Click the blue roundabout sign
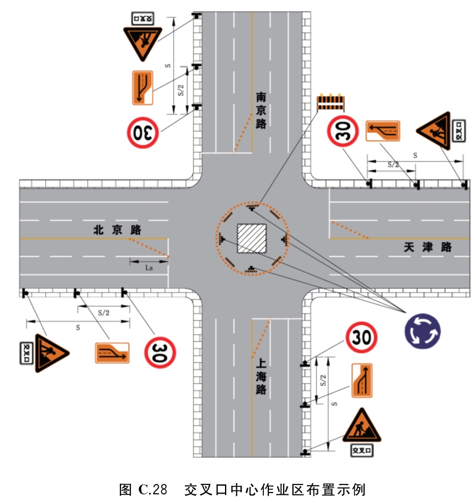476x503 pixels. [x=422, y=331]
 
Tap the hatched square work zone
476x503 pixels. [x=252, y=238]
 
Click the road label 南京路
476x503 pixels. [x=261, y=110]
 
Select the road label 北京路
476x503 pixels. [x=117, y=230]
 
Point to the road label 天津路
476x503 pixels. [x=428, y=247]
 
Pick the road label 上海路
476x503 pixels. [x=261, y=376]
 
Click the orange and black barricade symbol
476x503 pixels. [x=331, y=102]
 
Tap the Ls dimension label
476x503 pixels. [x=149, y=268]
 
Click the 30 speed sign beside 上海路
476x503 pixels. [x=362, y=337]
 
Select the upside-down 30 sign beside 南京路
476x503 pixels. [x=143, y=132]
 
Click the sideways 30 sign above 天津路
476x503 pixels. [x=342, y=131]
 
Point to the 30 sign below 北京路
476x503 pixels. [x=160, y=352]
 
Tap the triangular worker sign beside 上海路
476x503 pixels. [x=362, y=425]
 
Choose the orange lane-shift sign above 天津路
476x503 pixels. [x=383, y=131]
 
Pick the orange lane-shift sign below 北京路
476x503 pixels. [x=112, y=353]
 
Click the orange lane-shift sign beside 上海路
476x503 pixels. [x=362, y=380]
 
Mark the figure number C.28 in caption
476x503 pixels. [x=153, y=489]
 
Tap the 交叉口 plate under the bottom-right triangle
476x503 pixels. [x=362, y=450]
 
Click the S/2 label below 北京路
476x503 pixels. [x=103, y=313]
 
